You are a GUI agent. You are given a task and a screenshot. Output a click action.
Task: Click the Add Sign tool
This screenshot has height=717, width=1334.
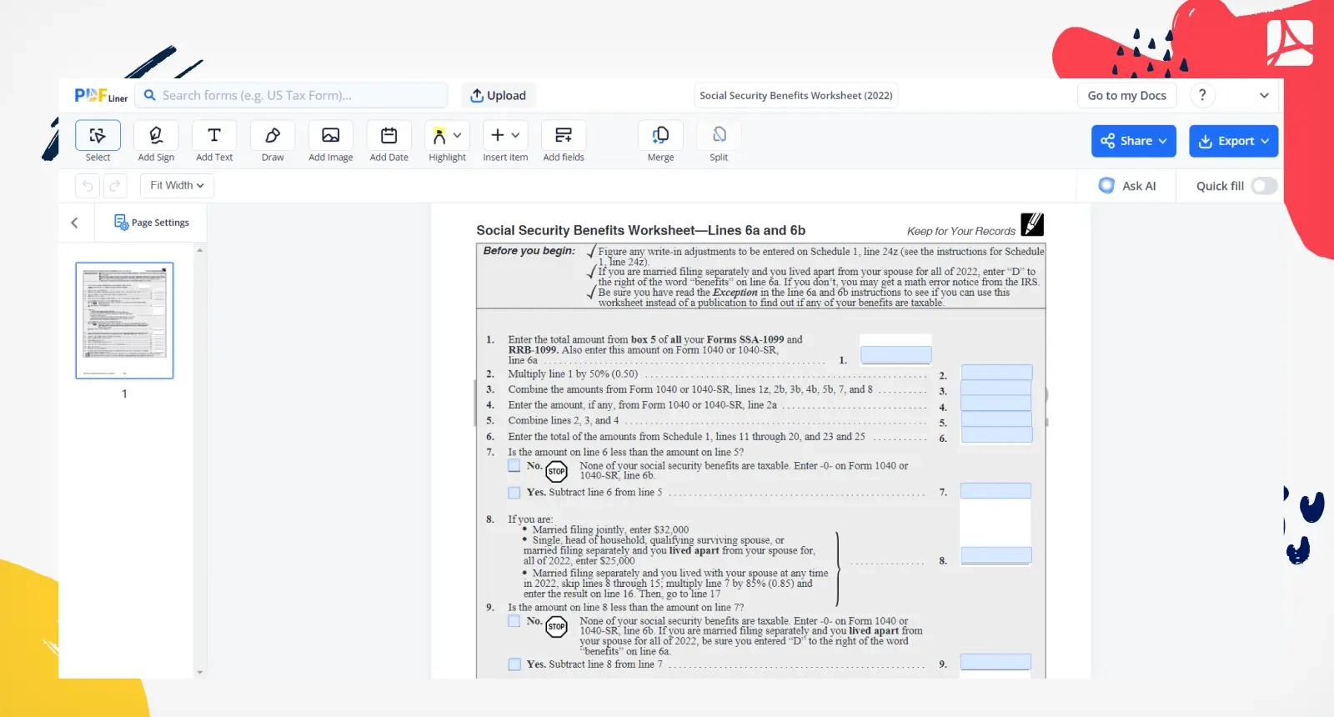pos(156,141)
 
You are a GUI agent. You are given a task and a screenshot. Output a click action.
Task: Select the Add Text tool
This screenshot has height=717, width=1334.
pos(214,141)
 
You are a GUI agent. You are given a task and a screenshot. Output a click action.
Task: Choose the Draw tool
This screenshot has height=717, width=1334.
pos(273,141)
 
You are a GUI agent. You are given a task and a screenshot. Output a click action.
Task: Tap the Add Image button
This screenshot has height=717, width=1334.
pos(330,141)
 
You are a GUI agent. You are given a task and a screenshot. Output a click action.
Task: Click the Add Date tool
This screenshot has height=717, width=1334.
pos(389,141)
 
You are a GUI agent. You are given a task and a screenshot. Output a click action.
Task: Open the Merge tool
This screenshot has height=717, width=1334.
pos(660,141)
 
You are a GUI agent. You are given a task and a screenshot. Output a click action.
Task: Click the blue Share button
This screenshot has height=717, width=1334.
pos(1133,141)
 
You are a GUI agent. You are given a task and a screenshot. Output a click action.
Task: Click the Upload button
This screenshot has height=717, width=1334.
pos(499,96)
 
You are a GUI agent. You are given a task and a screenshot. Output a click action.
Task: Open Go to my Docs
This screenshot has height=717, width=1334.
pos(1126,96)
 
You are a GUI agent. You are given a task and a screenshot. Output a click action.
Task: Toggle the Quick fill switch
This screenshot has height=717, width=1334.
pos(1264,186)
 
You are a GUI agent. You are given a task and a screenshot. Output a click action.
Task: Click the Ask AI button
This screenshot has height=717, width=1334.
pos(1128,186)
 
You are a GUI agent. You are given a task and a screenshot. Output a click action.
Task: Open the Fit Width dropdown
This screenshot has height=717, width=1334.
pos(177,185)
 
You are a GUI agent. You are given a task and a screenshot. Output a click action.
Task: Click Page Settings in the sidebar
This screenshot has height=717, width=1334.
pos(152,223)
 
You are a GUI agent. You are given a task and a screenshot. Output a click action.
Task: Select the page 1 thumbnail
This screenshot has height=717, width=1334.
pos(124,321)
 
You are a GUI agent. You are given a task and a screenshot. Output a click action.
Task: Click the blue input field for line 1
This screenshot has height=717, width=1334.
pos(895,355)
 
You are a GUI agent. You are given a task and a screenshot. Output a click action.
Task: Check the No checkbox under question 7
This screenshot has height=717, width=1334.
pos(514,466)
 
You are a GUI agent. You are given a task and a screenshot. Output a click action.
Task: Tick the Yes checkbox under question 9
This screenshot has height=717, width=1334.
pos(514,664)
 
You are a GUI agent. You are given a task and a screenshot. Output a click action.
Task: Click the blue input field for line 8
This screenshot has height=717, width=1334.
pos(995,555)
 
